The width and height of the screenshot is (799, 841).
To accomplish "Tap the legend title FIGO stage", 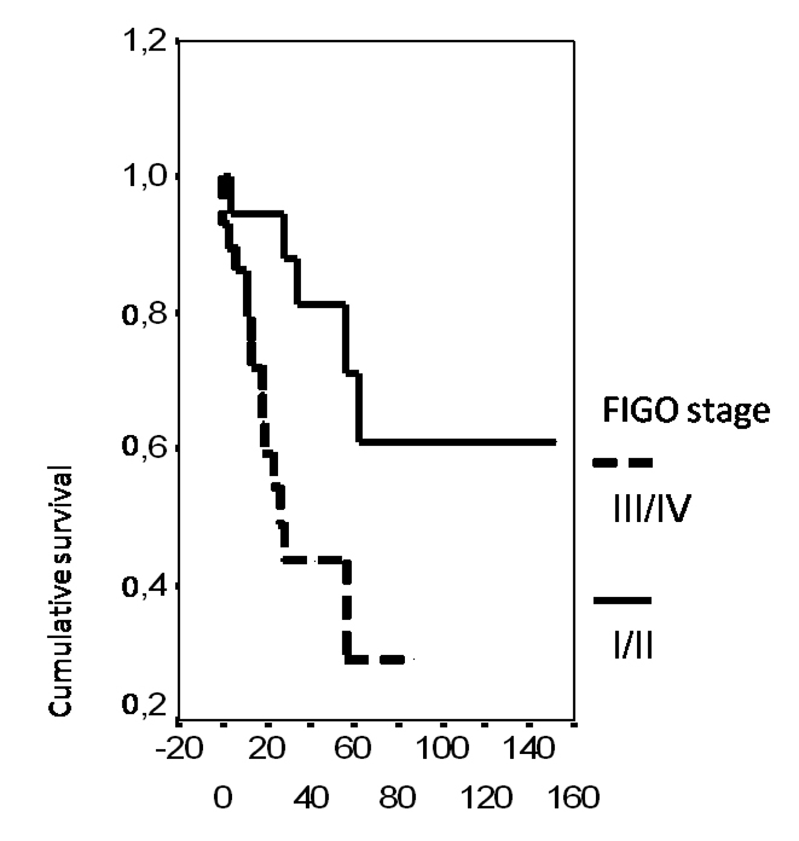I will [686, 411].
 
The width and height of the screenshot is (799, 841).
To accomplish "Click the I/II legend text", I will [633, 647].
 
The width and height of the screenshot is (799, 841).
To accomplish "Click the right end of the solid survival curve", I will [555, 442].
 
